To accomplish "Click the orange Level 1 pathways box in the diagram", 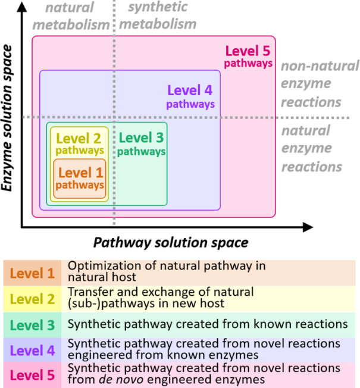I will click(80, 179).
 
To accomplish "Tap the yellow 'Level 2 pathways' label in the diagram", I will click(79, 144).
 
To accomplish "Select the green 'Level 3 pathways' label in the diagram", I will click(141, 145).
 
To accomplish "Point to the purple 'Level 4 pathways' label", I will click(190, 97).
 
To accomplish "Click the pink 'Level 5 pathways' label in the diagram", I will click(249, 57).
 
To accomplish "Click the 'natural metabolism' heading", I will click(71, 16).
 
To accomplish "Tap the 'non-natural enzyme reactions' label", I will click(319, 84).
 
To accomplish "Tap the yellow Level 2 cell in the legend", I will click(33, 299).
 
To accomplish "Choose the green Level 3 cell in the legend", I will click(33, 324).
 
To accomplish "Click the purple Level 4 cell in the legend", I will click(33, 350).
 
